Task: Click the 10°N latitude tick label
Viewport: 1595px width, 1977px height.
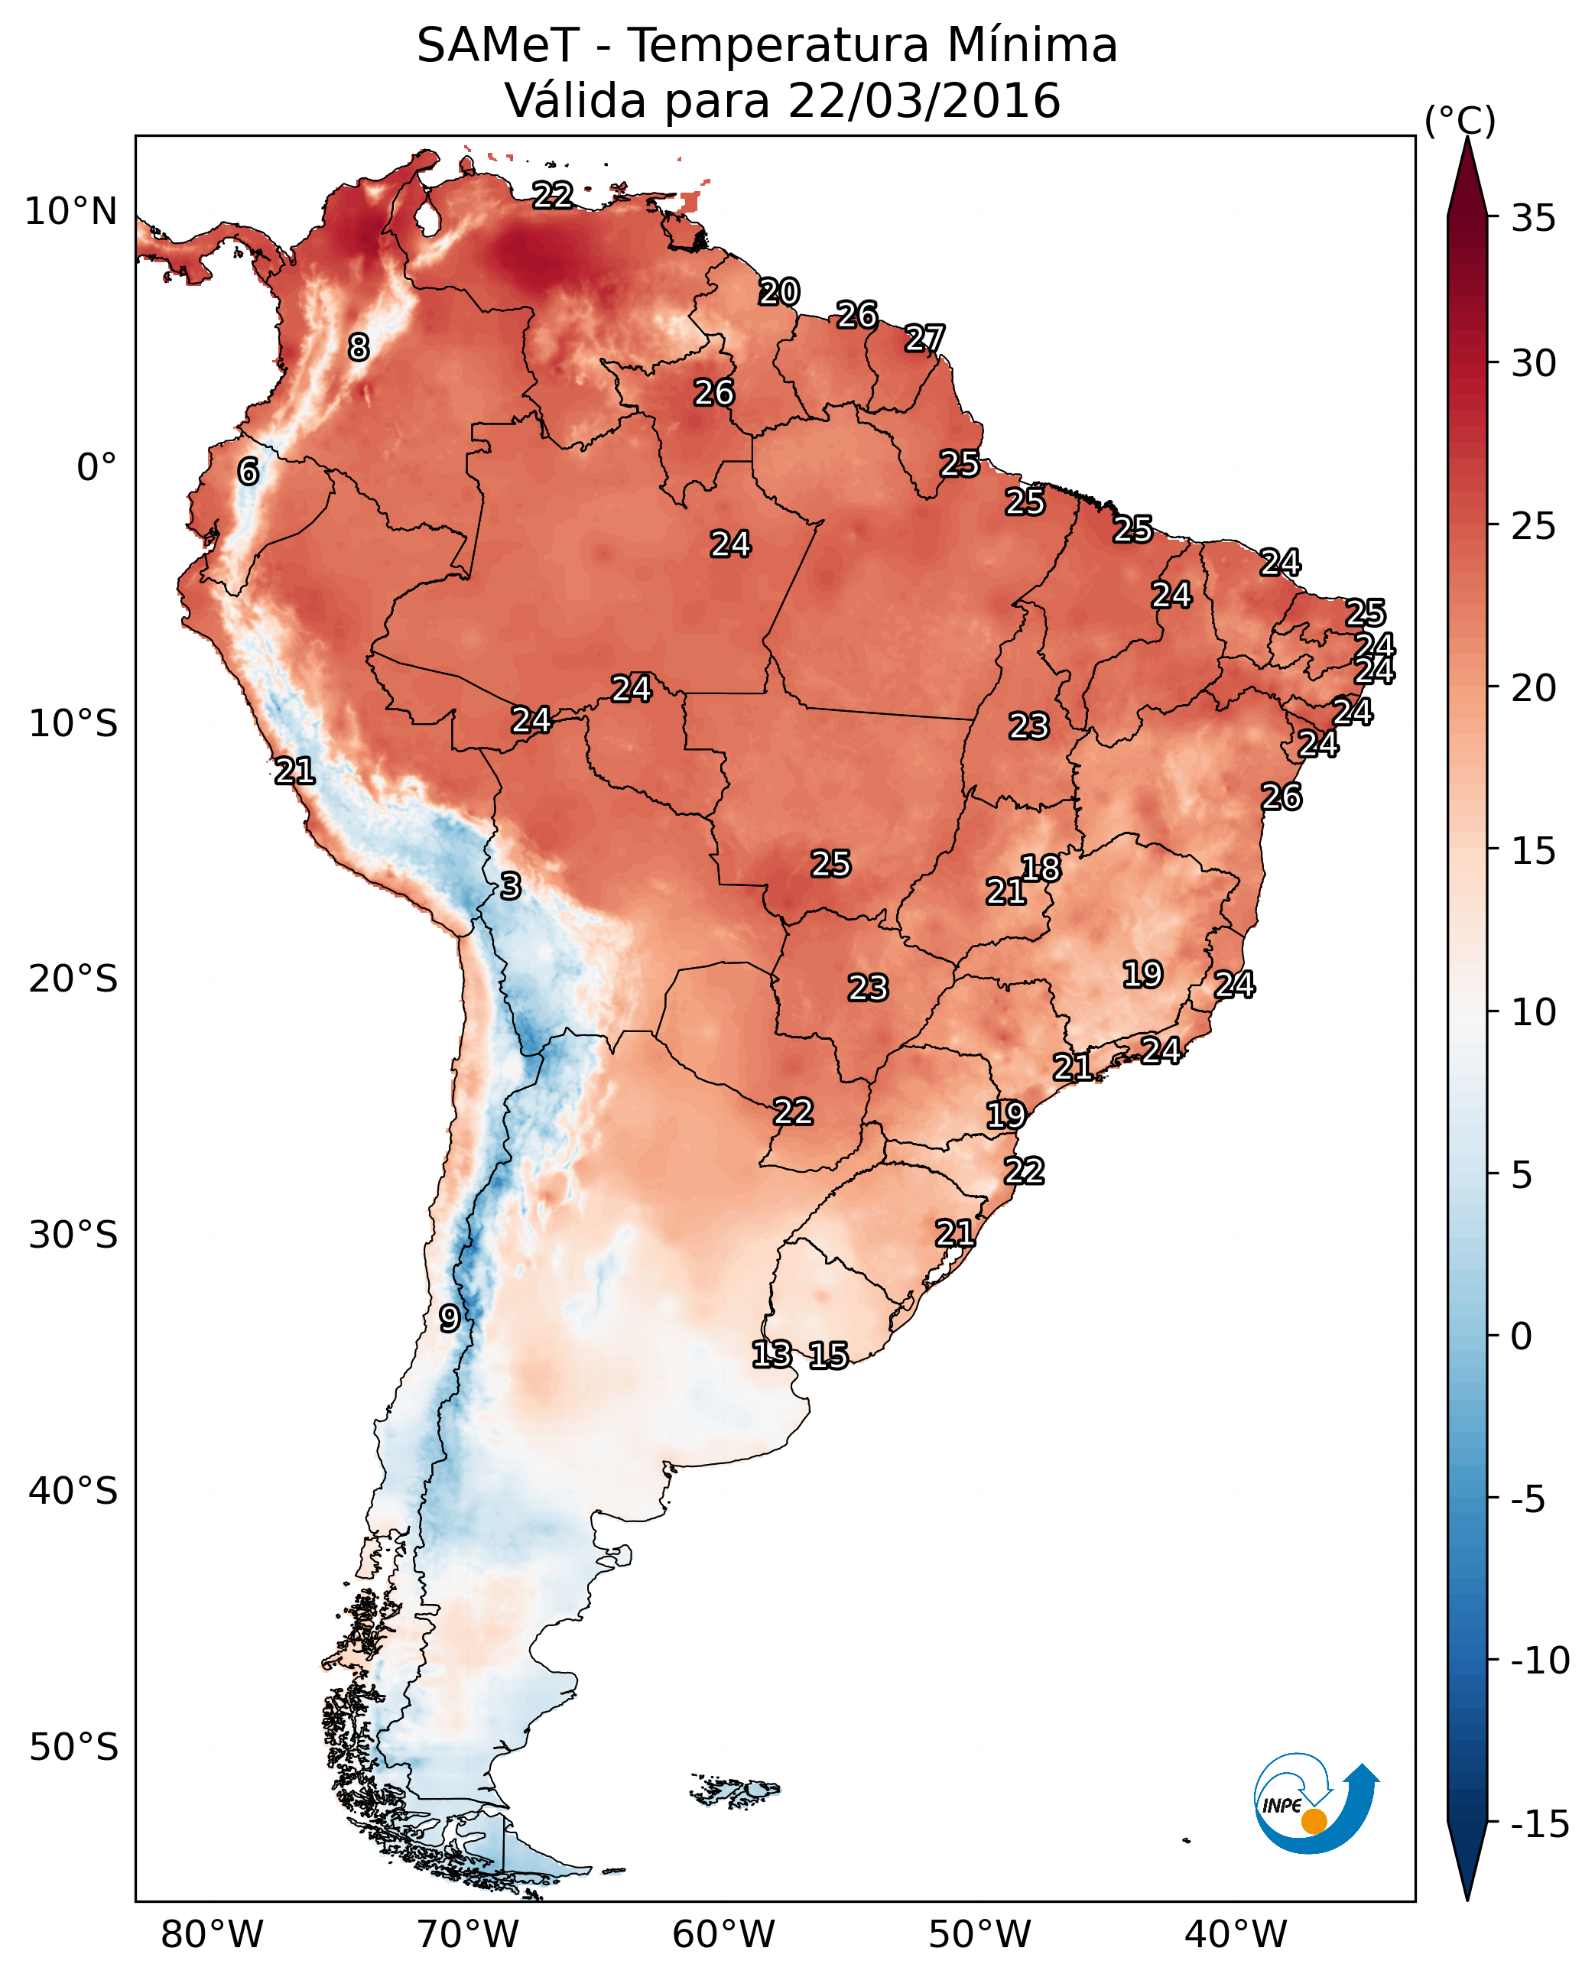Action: pyautogui.click(x=71, y=213)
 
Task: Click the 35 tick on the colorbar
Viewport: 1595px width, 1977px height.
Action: pyautogui.click(x=1533, y=219)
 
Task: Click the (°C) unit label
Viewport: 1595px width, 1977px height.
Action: pyautogui.click(x=1460, y=120)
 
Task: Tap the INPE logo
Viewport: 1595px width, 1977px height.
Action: pyautogui.click(x=1315, y=1803)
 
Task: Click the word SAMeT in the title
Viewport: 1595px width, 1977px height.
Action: pyautogui.click(x=498, y=46)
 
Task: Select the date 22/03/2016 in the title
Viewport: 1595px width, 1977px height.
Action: pyautogui.click(x=924, y=101)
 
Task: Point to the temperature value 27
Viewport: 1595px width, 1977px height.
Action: pyautogui.click(x=924, y=338)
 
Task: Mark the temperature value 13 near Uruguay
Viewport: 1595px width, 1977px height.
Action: pyautogui.click(x=772, y=1354)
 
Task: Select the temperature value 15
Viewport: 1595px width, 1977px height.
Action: pyautogui.click(x=828, y=1355)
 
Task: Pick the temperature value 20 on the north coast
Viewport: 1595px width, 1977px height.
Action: pyautogui.click(x=779, y=292)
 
